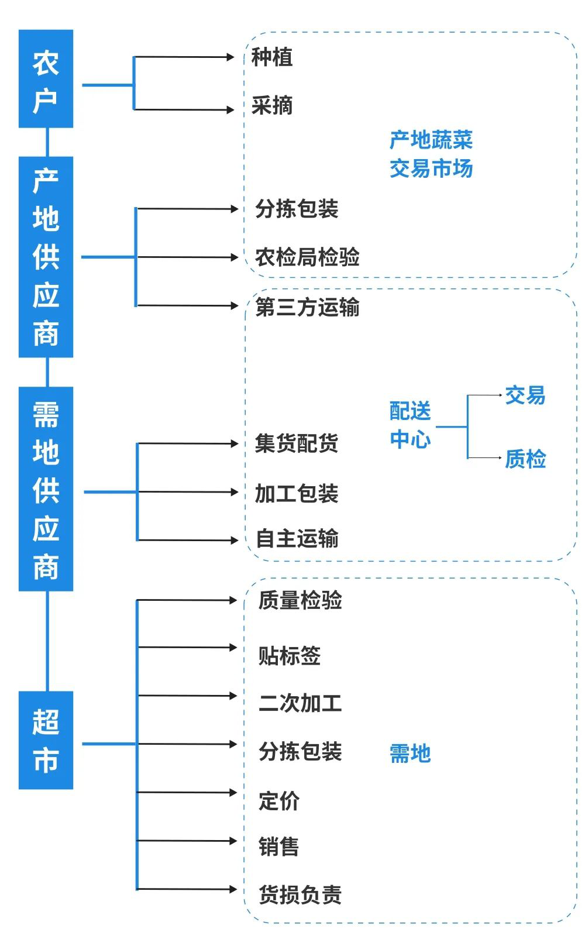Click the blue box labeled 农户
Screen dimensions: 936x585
[x=46, y=78]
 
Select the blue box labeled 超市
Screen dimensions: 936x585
[x=46, y=740]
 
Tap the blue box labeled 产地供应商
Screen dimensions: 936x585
[x=46, y=257]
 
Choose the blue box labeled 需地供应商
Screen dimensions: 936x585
[x=46, y=488]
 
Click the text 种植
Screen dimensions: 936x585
[x=271, y=57]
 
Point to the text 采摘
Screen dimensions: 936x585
[x=271, y=106]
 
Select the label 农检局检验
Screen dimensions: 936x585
[x=307, y=257]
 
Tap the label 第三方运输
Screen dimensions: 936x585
[x=307, y=307]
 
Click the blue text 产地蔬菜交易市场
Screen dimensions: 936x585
[x=431, y=154]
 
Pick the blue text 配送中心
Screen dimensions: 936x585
[x=410, y=425]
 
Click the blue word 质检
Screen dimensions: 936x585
[x=525, y=459]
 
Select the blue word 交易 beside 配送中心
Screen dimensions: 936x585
[x=525, y=395]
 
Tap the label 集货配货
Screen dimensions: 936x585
[x=297, y=443]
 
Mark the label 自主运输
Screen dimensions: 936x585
[x=297, y=539]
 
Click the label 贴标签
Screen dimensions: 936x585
[x=290, y=656]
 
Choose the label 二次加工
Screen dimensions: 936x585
[x=300, y=703]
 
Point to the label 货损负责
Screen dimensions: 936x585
[x=300, y=895]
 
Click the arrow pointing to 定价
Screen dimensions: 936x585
[x=187, y=793]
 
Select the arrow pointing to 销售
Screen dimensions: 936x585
[x=187, y=841]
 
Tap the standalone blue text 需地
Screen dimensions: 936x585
[x=410, y=753]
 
